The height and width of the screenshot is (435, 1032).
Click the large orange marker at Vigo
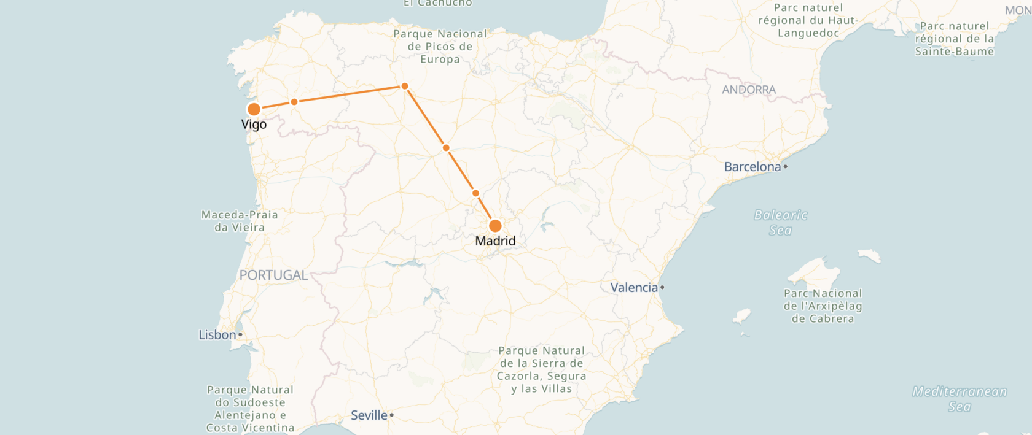[254, 109]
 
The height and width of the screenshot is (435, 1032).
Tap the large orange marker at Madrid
[495, 226]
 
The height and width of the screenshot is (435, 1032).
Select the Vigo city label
[254, 125]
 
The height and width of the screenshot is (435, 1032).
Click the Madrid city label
[495, 241]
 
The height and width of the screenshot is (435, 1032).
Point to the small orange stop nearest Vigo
[294, 102]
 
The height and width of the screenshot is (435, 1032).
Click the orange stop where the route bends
[405, 86]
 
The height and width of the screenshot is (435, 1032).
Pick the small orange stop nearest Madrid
[475, 193]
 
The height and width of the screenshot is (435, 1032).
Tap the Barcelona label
[752, 167]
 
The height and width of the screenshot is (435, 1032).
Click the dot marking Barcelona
[785, 166]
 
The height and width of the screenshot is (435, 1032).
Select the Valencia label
[633, 288]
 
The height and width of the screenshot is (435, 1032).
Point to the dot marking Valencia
[662, 287]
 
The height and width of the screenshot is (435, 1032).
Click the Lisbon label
[217, 335]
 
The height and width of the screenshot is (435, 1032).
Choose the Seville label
[369, 415]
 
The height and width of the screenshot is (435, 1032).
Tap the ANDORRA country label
[749, 90]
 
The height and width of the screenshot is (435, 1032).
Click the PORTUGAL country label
[273, 275]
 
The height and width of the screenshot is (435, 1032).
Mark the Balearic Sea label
[781, 222]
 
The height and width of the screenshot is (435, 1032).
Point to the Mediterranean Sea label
[960, 399]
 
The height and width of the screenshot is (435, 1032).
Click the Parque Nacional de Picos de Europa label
[440, 47]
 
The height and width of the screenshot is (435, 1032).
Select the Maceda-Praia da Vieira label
[240, 221]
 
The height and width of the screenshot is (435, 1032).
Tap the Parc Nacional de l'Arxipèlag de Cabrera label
[823, 306]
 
